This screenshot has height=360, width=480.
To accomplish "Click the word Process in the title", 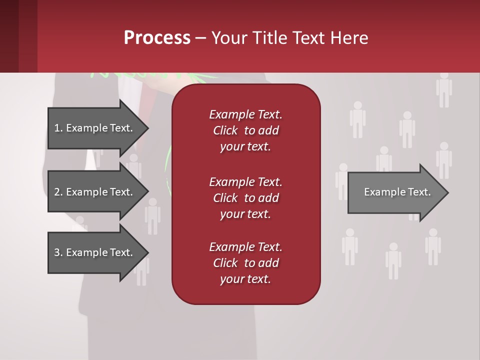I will (x=157, y=38).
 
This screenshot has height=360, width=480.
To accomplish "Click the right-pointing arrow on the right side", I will (x=397, y=192).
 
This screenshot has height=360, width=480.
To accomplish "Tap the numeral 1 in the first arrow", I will (x=57, y=128).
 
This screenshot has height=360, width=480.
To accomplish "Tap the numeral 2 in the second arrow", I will (x=57, y=192).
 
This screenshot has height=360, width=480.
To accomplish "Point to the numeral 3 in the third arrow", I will (x=57, y=252).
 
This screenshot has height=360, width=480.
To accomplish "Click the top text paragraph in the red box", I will (x=246, y=130).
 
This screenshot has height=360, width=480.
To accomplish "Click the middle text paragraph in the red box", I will (x=246, y=198).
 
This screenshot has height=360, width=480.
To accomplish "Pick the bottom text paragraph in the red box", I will (x=246, y=263).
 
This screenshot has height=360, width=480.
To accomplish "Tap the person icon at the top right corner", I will (x=444, y=90).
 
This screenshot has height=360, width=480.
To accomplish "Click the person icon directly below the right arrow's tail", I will (x=349, y=246).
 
